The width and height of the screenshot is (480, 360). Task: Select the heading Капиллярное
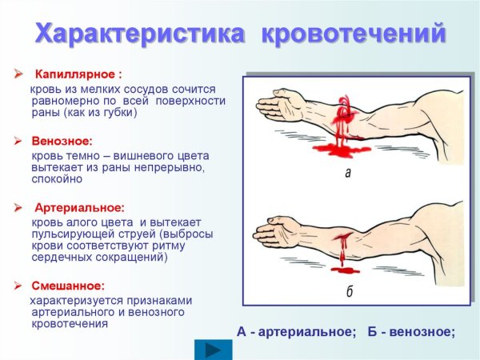coord(78,74)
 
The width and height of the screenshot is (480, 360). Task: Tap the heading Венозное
coord(62,141)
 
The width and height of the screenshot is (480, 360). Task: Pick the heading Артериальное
coord(78,208)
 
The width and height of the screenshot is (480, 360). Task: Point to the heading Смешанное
coord(68,285)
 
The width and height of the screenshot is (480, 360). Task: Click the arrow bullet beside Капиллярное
coord(18,74)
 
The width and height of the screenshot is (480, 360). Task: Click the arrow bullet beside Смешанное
coord(18,285)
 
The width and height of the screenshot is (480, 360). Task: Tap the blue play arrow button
coord(214,350)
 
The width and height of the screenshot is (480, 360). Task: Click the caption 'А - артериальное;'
coord(296,331)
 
